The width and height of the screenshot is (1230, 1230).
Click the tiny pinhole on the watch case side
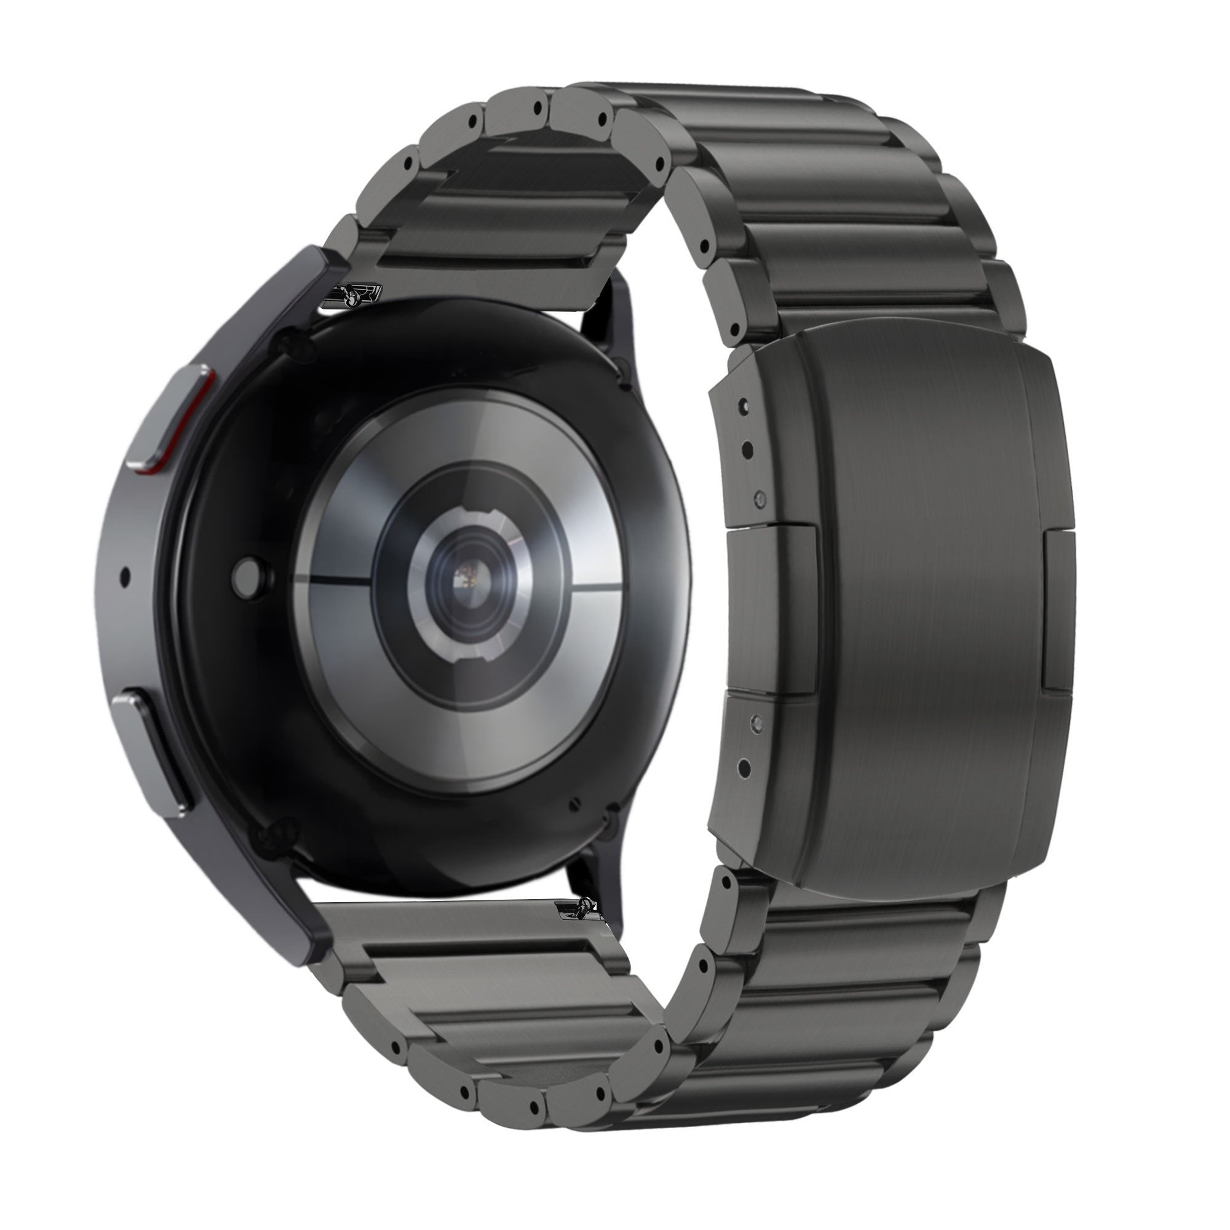124,577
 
